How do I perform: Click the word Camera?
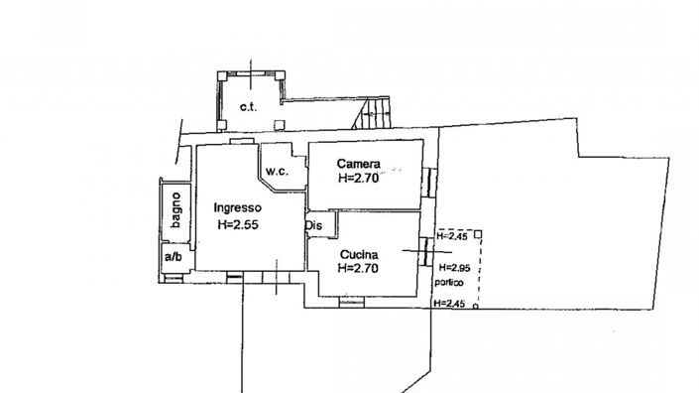358,164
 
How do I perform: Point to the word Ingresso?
237,208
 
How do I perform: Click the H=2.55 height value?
238,225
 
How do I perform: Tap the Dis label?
313,225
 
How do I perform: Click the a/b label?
174,258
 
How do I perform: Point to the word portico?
448,283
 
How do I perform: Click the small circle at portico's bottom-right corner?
476,308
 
